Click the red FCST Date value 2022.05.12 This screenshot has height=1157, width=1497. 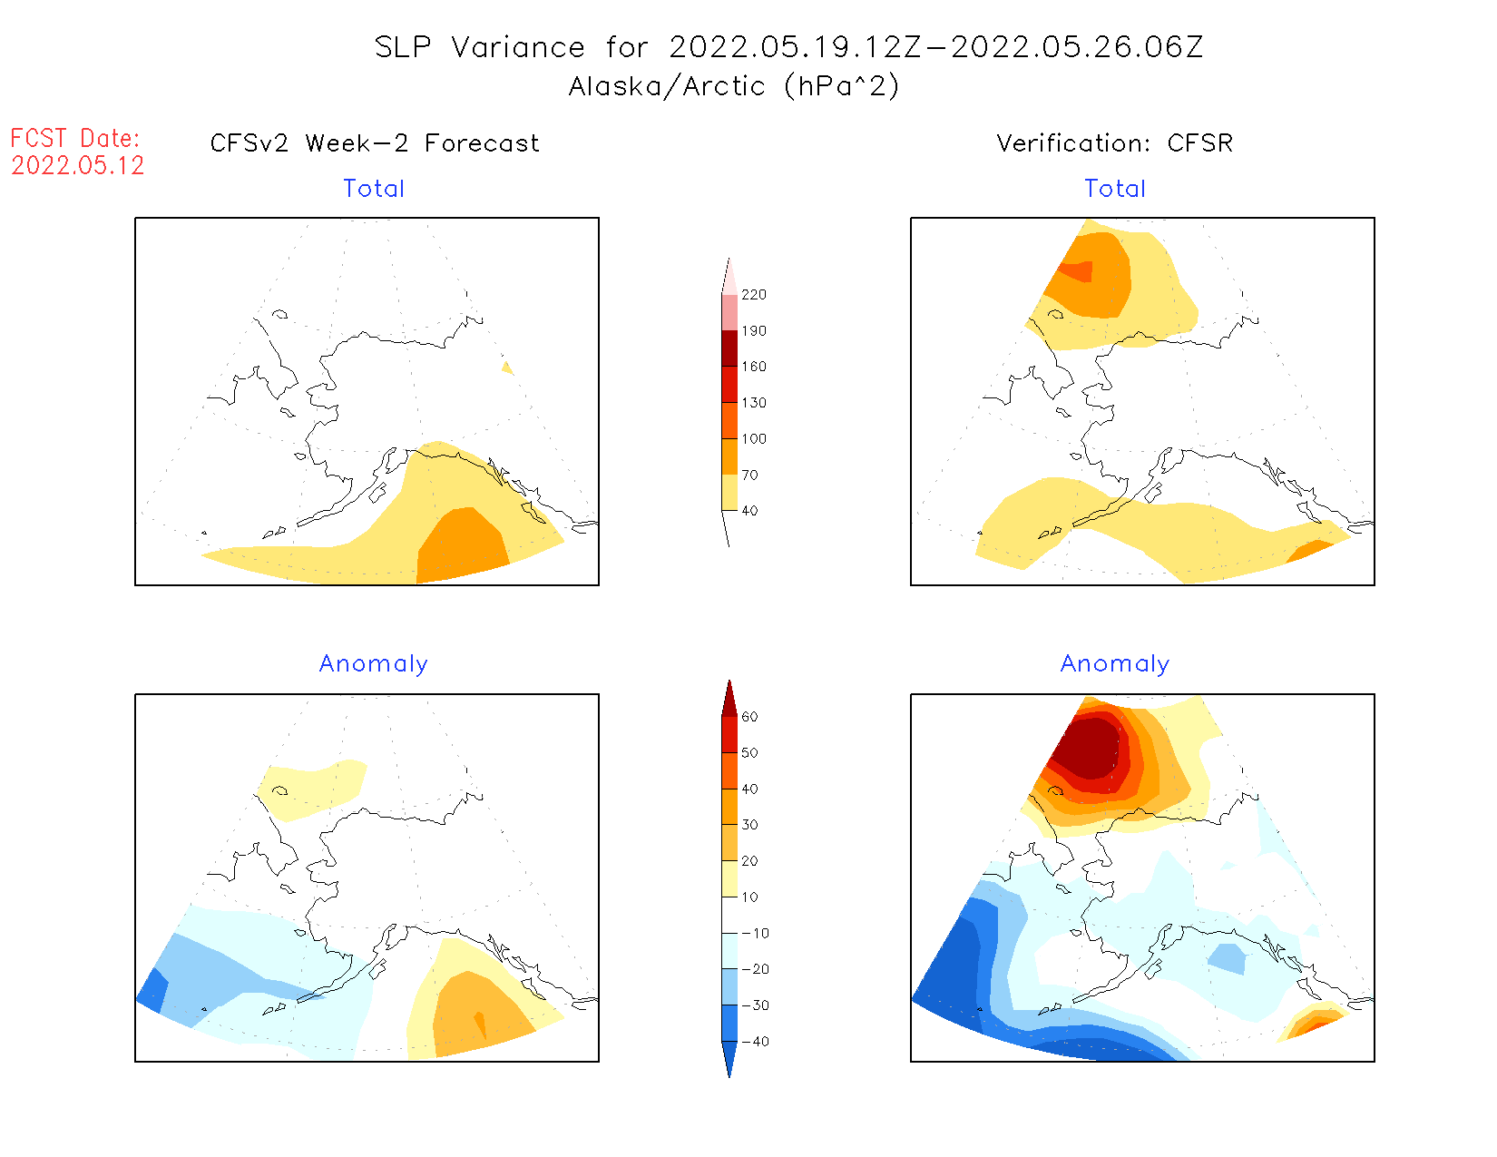pyautogui.click(x=78, y=165)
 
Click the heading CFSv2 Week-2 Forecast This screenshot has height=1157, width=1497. pyautogui.click(x=375, y=143)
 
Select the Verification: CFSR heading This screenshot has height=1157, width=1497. pyautogui.click(x=1114, y=143)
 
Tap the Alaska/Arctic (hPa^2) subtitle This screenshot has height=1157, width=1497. pyautogui.click(x=734, y=86)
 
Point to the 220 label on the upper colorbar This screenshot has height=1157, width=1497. pyautogui.click(x=754, y=295)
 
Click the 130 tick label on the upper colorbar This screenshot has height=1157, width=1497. pyautogui.click(x=754, y=403)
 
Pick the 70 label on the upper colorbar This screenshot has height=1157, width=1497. pyautogui.click(x=750, y=475)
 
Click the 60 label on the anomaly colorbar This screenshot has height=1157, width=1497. pyautogui.click(x=749, y=717)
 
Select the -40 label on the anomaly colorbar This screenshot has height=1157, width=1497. pyautogui.click(x=754, y=1042)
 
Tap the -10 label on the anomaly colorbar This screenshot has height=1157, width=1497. pyautogui.click(x=754, y=933)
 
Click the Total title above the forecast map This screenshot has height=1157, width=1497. pyautogui.click(x=374, y=189)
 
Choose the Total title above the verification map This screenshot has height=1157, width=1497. pyautogui.click(x=1115, y=189)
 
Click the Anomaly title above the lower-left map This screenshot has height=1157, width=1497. pyautogui.click(x=373, y=664)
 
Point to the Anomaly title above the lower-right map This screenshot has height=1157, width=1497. pyautogui.click(x=1115, y=664)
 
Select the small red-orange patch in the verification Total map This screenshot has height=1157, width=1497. pyautogui.click(x=1079, y=271)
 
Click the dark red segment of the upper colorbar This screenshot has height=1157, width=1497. pyautogui.click(x=729, y=348)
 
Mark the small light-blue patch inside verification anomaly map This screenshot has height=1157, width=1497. pyautogui.click(x=1227, y=957)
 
